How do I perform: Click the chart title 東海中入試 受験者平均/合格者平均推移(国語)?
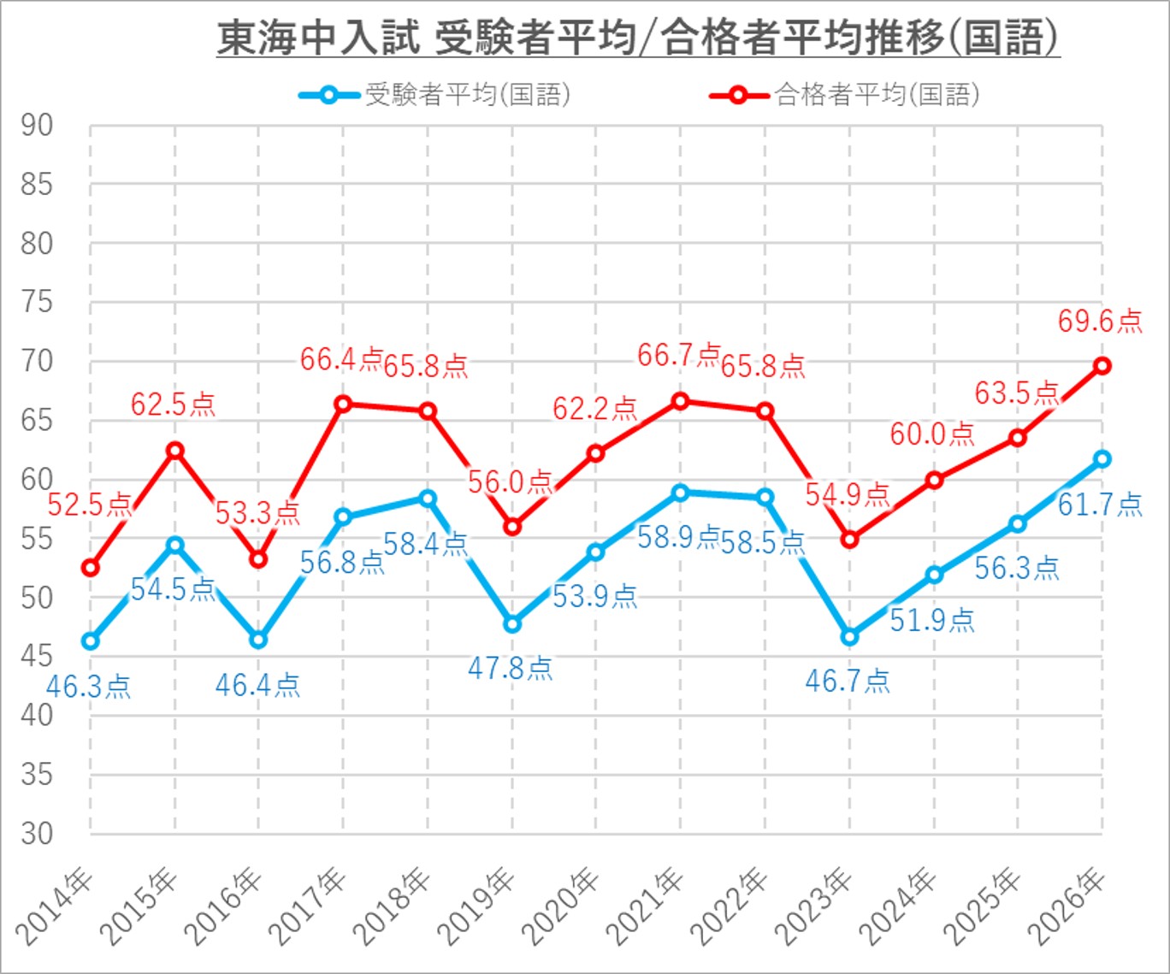tap(638, 39)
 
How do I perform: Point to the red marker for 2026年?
tap(1102, 366)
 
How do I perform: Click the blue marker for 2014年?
tap(91, 641)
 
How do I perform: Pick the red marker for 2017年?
tap(343, 404)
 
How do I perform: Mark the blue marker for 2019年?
tap(512, 624)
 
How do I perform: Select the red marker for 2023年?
tap(849, 540)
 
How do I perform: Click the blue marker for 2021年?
tap(681, 493)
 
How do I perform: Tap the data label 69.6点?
tap(1100, 322)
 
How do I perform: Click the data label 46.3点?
tap(88, 687)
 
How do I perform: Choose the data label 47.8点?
tap(511, 668)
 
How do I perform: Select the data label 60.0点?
tap(932, 434)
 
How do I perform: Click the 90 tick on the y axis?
tap(38, 126)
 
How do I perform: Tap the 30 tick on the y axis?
tap(38, 834)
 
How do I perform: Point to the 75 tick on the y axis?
tap(38, 303)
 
